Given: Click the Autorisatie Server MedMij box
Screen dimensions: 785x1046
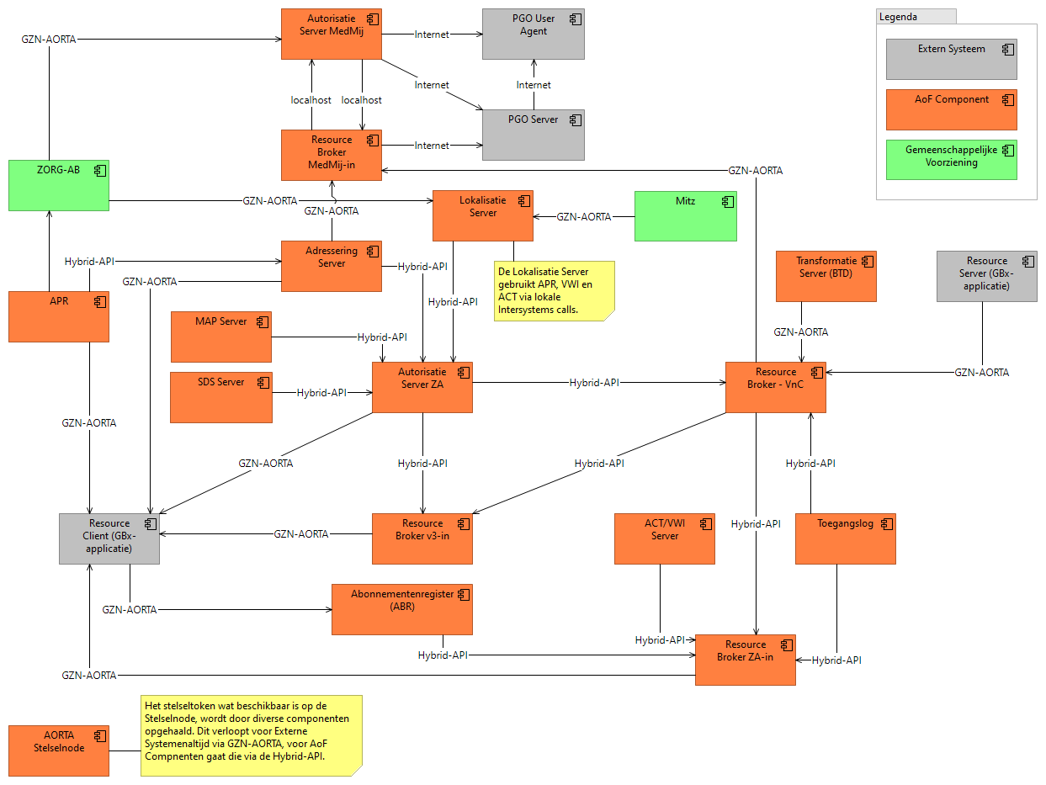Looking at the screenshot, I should (x=331, y=34).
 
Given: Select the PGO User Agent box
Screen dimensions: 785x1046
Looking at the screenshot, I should (x=533, y=34).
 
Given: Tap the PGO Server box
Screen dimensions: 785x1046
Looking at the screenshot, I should (x=533, y=135).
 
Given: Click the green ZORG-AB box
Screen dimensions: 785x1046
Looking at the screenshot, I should (x=59, y=185).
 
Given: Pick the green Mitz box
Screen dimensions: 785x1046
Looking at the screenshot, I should (x=685, y=216).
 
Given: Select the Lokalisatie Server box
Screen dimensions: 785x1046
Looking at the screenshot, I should (x=483, y=216).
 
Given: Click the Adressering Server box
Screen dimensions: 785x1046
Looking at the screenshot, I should (x=331, y=266).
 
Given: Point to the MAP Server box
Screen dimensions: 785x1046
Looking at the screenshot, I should (x=220, y=337).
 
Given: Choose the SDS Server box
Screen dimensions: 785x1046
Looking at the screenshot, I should (x=220, y=397).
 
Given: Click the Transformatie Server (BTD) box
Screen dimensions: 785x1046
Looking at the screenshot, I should (x=826, y=276).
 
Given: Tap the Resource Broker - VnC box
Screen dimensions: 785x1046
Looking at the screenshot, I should (x=775, y=387).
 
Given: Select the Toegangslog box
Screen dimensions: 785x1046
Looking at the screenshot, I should (x=845, y=538).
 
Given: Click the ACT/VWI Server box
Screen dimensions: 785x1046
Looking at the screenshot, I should (x=664, y=538).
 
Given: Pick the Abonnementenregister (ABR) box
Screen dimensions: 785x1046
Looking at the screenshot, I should (x=402, y=609).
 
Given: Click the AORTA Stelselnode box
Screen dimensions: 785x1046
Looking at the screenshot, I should (x=59, y=750).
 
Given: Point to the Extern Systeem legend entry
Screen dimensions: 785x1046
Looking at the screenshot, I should (x=951, y=59).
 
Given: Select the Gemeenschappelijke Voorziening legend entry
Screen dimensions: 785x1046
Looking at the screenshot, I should (x=951, y=160).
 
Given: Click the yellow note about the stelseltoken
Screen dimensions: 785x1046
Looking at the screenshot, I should (x=251, y=735).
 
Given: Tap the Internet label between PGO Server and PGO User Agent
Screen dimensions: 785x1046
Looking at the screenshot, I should (x=534, y=85).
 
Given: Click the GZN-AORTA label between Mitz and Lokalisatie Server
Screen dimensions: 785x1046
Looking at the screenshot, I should (x=584, y=216).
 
